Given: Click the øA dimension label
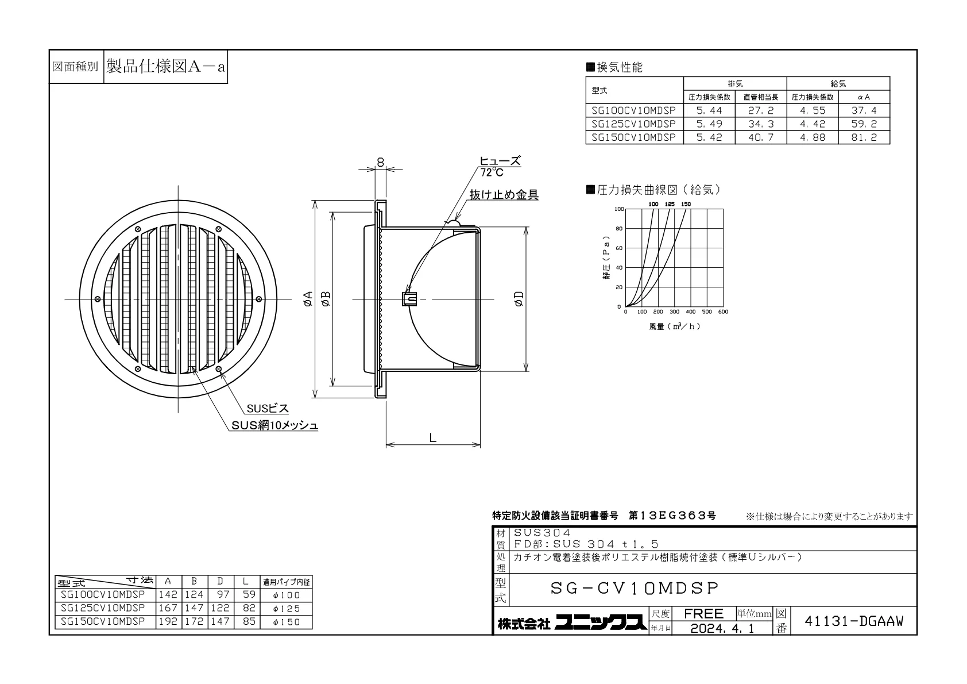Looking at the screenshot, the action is [308, 298].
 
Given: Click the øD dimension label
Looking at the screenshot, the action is [519, 298].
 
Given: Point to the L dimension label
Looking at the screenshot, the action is [432, 438].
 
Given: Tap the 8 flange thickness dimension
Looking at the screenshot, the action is [380, 162].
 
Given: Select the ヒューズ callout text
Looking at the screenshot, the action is [500, 161].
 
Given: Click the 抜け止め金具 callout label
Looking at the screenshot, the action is [504, 195].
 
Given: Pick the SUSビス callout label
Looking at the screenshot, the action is [268, 408].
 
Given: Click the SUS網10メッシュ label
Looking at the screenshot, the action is [275, 425].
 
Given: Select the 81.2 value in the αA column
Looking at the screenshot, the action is [864, 137].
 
